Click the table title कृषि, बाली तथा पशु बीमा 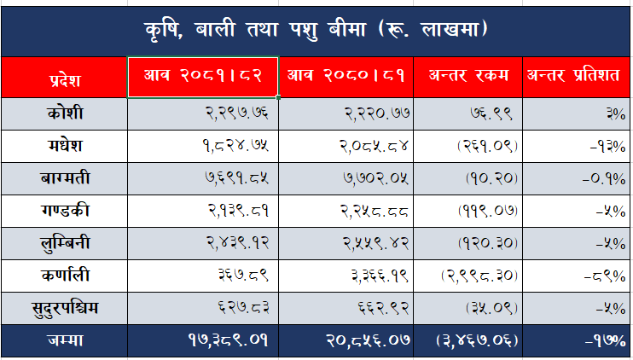[316, 29]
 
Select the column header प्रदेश [64, 81]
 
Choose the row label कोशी [64, 113]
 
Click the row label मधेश [64, 146]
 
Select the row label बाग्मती [64, 178]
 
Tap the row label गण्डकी [64, 211]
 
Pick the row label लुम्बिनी [64, 243]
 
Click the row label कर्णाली [64, 276]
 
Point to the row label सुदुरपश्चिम [64, 308]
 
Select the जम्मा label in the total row [64, 340]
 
